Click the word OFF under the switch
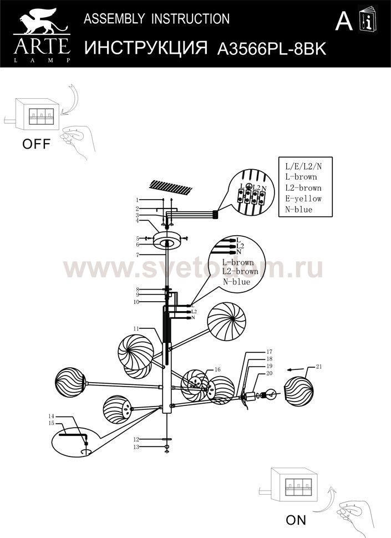click(x=36, y=145)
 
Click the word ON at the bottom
click(x=296, y=520)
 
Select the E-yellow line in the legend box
click(x=303, y=199)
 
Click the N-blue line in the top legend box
click(x=298, y=210)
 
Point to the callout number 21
click(x=318, y=367)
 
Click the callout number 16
click(x=217, y=369)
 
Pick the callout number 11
click(x=136, y=328)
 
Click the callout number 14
click(x=50, y=416)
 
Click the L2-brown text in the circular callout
click(x=240, y=272)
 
